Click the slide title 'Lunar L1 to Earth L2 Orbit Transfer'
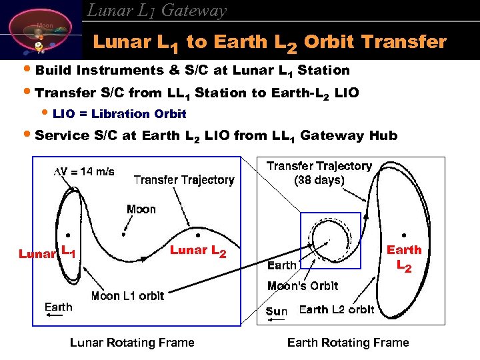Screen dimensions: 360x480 (x=269, y=43)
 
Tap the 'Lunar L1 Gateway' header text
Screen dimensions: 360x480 (x=157, y=10)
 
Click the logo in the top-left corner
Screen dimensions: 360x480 (x=40, y=33)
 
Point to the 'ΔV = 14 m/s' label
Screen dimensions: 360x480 (x=84, y=171)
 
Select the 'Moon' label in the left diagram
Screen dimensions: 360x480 (x=141, y=209)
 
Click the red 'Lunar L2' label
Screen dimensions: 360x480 (x=198, y=251)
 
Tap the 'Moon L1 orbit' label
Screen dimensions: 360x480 (x=127, y=296)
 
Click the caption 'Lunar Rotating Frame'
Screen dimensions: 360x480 (x=132, y=343)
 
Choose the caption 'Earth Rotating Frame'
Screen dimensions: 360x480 (x=347, y=343)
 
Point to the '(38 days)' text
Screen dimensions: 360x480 (x=319, y=180)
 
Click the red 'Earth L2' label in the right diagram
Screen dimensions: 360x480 (x=404, y=257)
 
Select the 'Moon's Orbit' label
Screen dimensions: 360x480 (x=303, y=286)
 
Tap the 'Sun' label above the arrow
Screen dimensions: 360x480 (x=277, y=311)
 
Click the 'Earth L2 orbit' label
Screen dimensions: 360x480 (x=337, y=310)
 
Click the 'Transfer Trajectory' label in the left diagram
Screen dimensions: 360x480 (x=184, y=179)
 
